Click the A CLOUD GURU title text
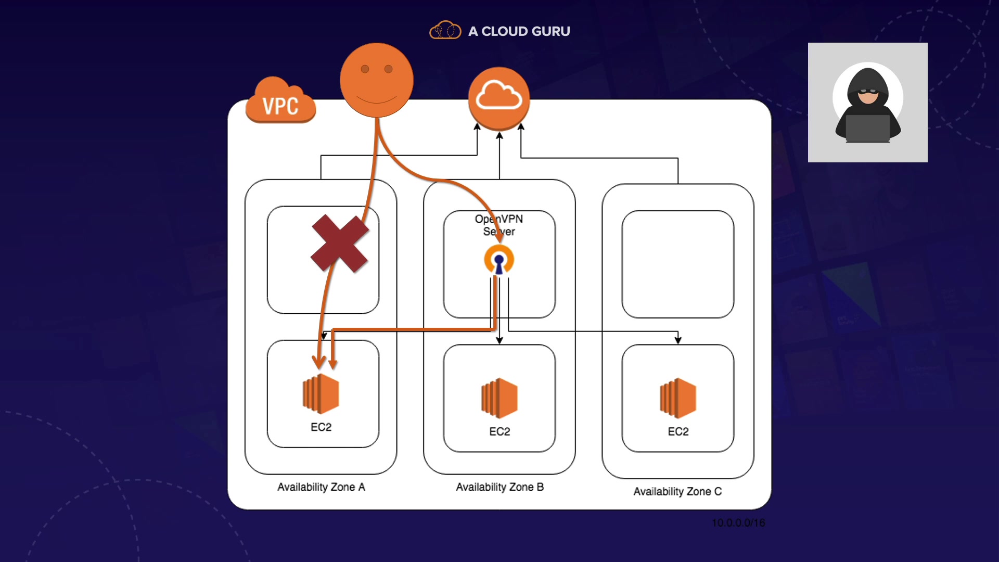click(519, 31)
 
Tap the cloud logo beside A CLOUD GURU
click(445, 30)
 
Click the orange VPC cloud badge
click(280, 101)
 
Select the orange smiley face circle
click(376, 81)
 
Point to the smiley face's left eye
click(365, 69)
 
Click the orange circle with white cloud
click(498, 98)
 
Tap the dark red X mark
click(340, 244)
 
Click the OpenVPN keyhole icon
click(499, 260)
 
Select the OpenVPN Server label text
click(499, 225)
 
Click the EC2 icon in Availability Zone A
click(321, 393)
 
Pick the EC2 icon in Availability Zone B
click(499, 398)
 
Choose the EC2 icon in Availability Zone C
click(678, 398)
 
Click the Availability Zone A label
click(321, 487)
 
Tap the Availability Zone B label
click(499, 487)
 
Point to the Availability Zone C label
click(677, 492)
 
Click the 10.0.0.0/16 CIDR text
click(738, 523)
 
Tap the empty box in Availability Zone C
click(678, 264)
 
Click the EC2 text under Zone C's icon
click(678, 432)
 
